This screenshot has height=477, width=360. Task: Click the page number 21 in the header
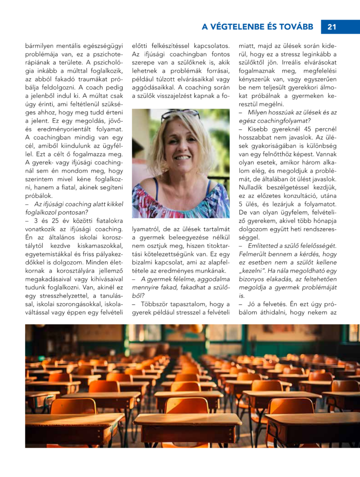332,27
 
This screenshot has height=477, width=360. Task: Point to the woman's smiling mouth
180,157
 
